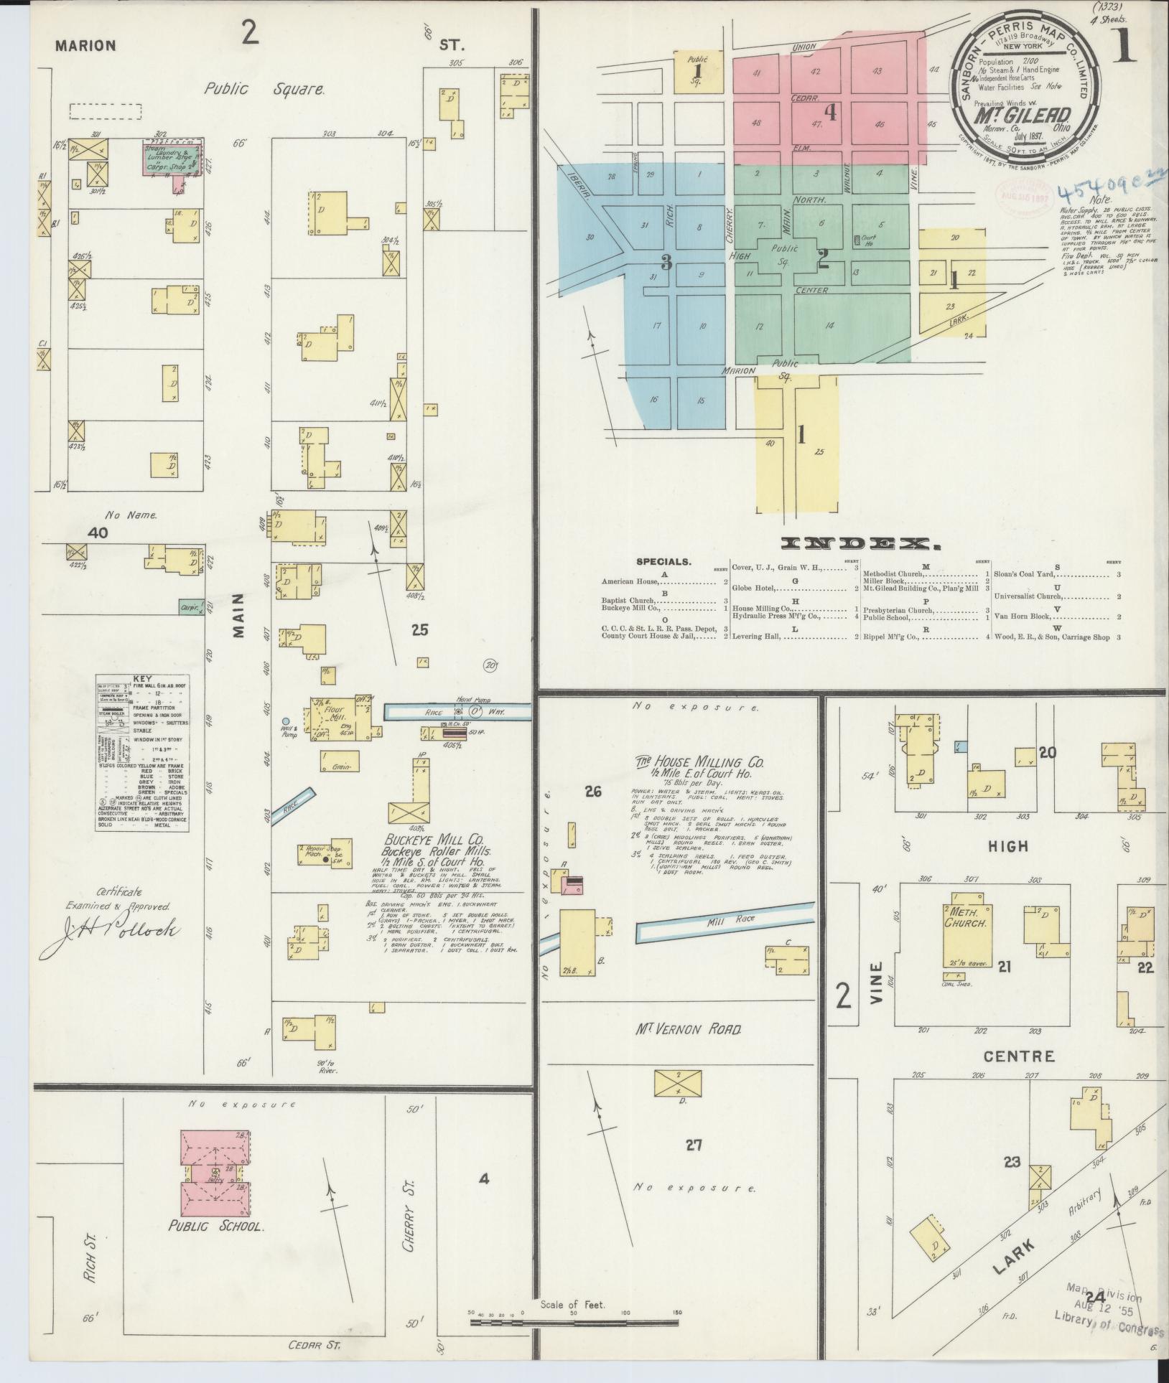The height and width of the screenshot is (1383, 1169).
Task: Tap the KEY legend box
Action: (x=143, y=752)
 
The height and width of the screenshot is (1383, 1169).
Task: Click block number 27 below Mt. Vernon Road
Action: (x=692, y=1145)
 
